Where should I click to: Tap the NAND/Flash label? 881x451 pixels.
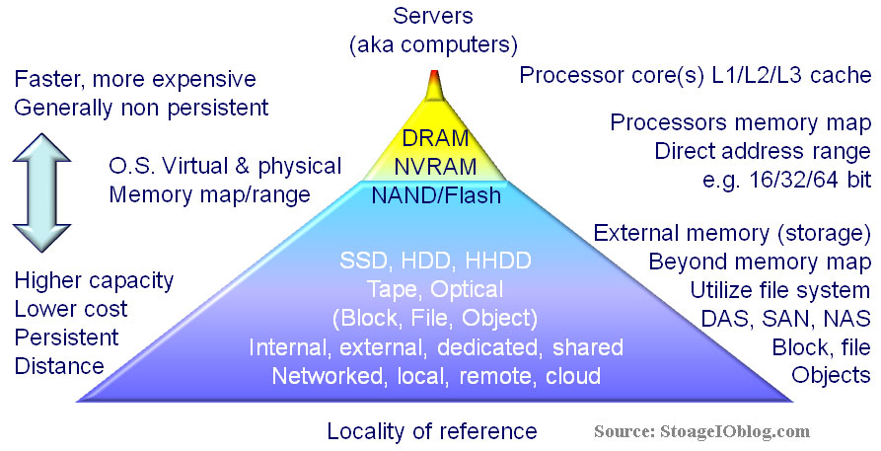pyautogui.click(x=436, y=195)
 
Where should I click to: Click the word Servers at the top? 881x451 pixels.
pyautogui.click(x=435, y=16)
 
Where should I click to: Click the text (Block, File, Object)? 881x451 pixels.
pyautogui.click(x=435, y=319)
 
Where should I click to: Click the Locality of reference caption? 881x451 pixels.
pyautogui.click(x=432, y=431)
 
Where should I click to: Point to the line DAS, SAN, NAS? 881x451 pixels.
pyautogui.click(x=779, y=318)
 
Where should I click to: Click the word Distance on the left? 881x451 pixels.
pyautogui.click(x=59, y=366)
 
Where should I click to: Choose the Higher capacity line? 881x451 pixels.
pyautogui.click(x=94, y=280)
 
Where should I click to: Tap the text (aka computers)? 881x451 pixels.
pyautogui.click(x=435, y=43)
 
